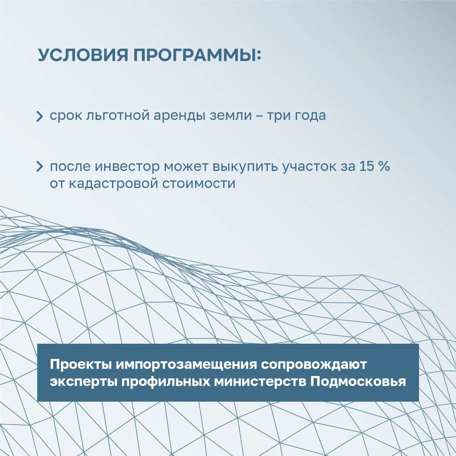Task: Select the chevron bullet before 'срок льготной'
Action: pos(40,117)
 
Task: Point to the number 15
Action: pos(365,167)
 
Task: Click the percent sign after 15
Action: pos(384,167)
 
